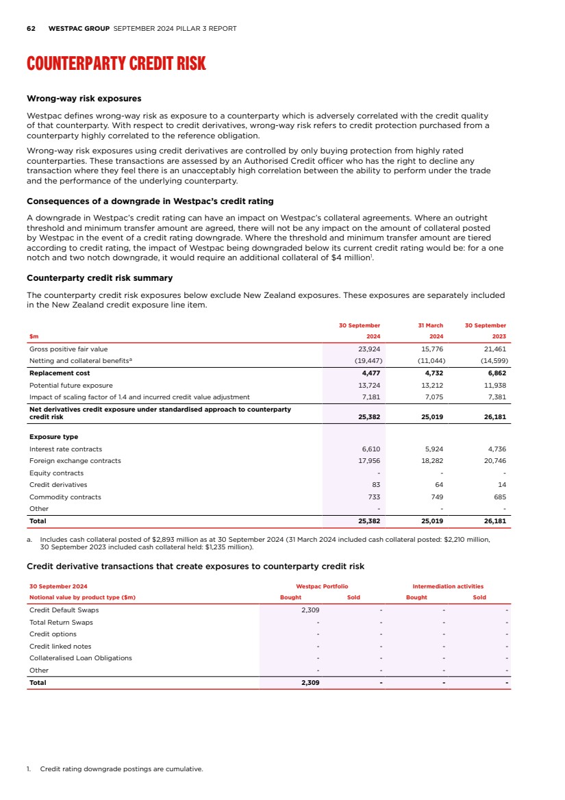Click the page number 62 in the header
31,29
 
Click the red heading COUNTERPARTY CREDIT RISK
116,64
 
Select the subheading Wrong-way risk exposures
84,99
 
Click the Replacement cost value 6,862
494,373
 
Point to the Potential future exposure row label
71,385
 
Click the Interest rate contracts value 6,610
370,449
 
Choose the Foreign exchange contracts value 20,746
494,461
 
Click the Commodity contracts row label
65,497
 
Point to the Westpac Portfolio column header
322,586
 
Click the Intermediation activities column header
447,586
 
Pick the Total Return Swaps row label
61,622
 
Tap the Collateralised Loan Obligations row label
81,658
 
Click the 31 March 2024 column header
431,331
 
